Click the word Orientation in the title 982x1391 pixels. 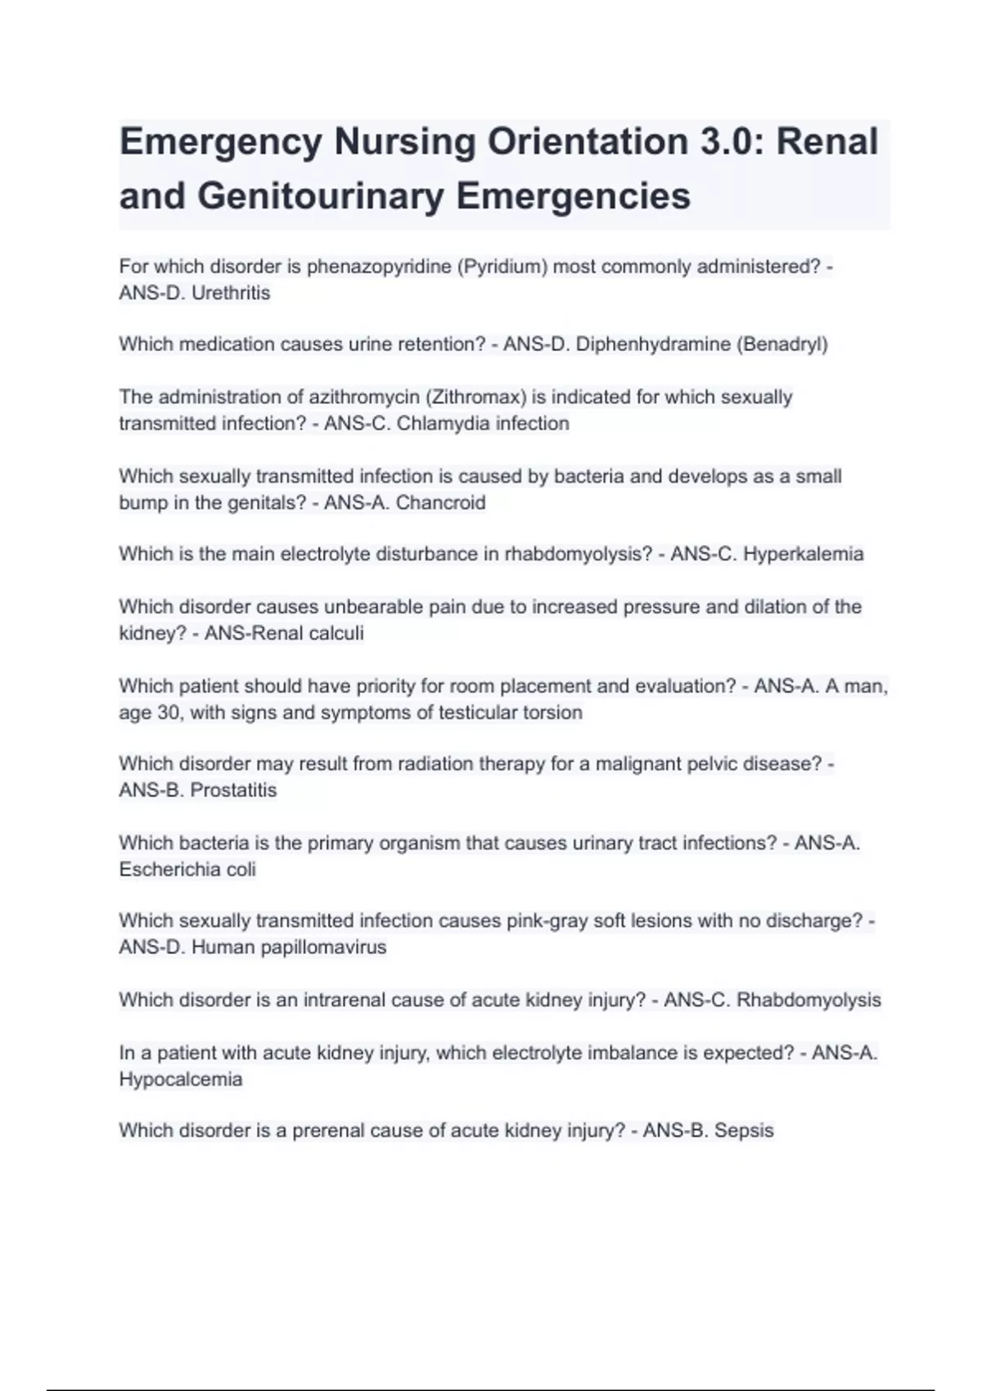pyautogui.click(x=588, y=142)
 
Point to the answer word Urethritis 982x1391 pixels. pyautogui.click(x=230, y=293)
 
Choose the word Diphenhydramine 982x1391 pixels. pyautogui.click(x=652, y=344)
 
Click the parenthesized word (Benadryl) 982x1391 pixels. pyautogui.click(x=782, y=344)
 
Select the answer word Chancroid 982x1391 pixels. pyautogui.click(x=440, y=502)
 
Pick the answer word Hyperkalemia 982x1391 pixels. pyautogui.click(x=803, y=554)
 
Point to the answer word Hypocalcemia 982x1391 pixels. pyautogui.click(x=180, y=1079)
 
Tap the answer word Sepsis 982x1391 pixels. pyautogui.click(x=744, y=1131)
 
